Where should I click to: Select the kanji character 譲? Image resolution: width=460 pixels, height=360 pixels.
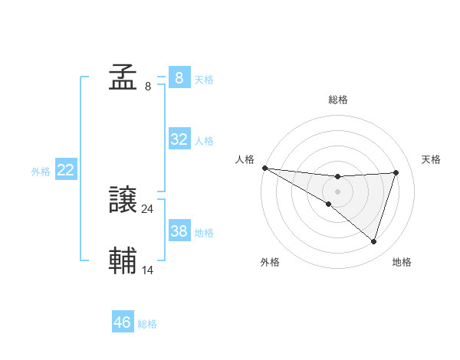click(123, 201)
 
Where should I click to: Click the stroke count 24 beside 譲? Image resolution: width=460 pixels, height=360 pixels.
click(148, 208)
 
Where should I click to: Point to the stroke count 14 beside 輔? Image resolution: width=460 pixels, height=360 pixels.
click(148, 269)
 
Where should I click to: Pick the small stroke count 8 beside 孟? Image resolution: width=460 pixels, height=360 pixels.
click(148, 86)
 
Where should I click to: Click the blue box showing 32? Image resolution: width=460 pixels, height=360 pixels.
click(179, 139)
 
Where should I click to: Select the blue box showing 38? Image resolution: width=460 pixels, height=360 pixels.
click(179, 231)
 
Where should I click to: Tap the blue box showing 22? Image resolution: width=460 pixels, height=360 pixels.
click(65, 171)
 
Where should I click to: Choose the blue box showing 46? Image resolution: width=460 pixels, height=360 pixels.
click(123, 322)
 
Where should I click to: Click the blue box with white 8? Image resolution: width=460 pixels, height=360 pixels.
click(179, 77)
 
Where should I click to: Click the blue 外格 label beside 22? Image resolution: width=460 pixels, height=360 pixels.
click(41, 172)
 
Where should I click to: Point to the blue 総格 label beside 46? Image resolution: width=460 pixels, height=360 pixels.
click(147, 324)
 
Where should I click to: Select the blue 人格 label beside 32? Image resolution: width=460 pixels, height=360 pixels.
click(204, 141)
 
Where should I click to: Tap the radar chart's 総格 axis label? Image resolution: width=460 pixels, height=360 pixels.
click(338, 100)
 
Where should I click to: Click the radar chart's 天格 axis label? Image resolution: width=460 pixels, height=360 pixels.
click(431, 159)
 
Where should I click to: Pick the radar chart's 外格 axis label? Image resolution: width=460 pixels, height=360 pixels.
click(270, 263)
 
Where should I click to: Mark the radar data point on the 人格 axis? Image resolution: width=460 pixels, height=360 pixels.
click(264, 167)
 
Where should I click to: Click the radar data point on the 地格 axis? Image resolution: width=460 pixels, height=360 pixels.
click(374, 241)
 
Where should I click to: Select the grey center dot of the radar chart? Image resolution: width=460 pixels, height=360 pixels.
click(338, 191)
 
